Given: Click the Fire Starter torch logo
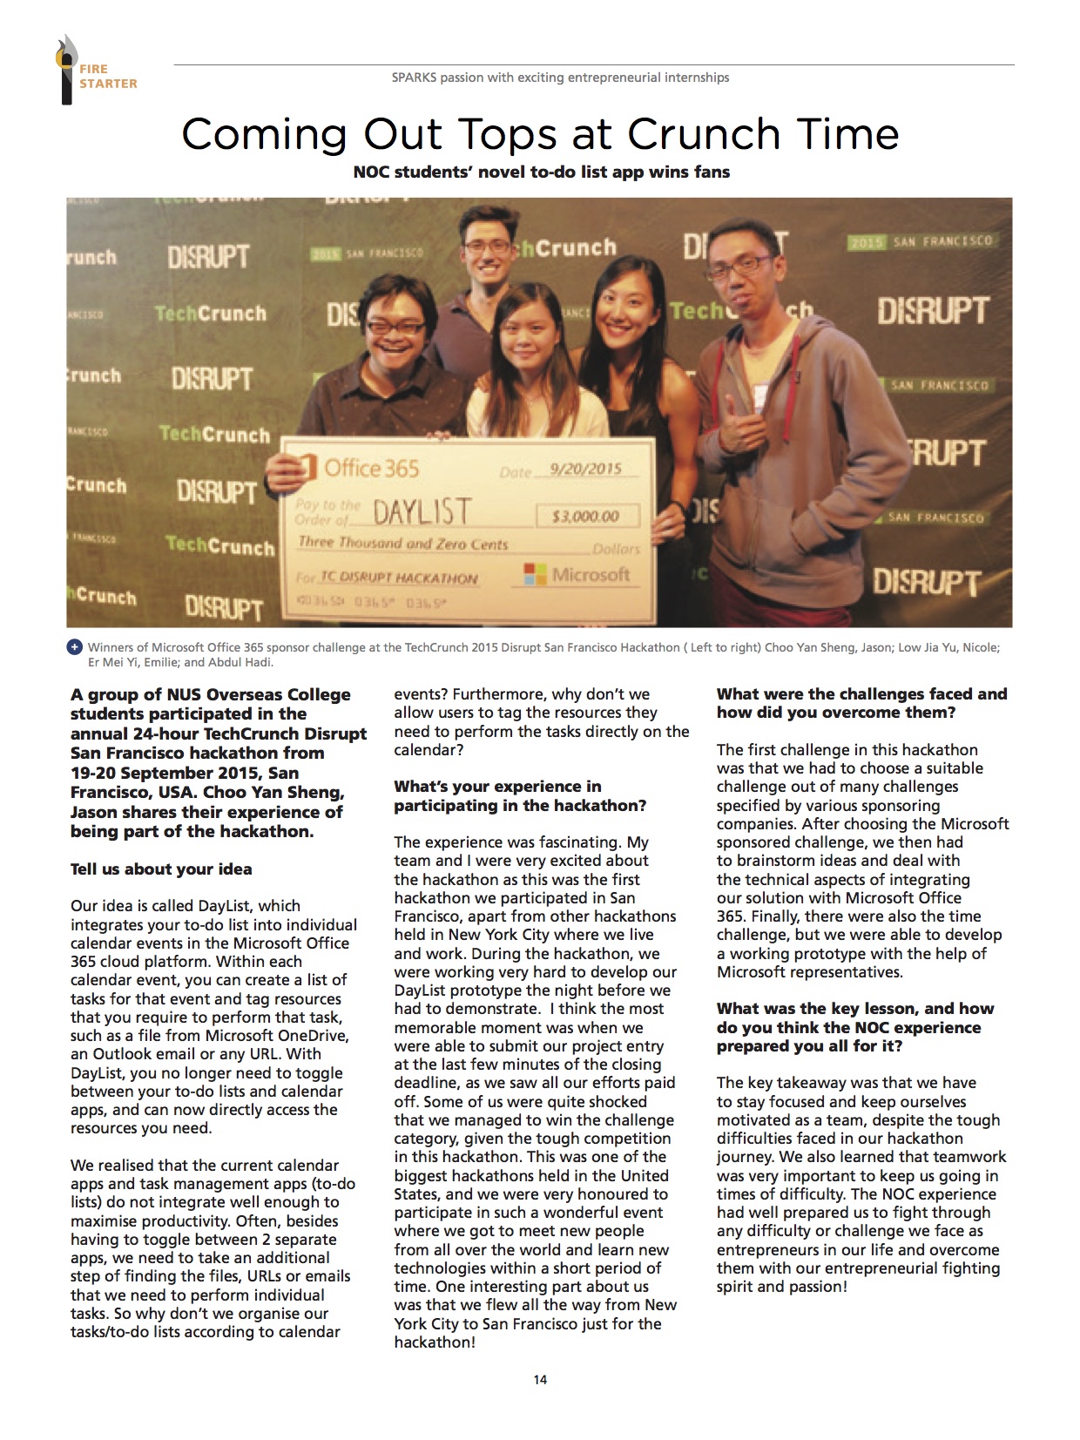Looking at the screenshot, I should [x=66, y=70].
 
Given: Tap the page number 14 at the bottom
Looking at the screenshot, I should [x=540, y=1379].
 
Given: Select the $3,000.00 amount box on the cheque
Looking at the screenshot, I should [x=586, y=516].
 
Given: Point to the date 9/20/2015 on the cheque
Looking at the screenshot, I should [x=585, y=469].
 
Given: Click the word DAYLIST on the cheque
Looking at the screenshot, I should [x=422, y=511].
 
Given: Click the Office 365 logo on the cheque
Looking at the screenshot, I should [x=359, y=469].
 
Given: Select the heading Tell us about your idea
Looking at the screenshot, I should [x=161, y=869].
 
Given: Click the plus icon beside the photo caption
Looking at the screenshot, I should [x=74, y=647].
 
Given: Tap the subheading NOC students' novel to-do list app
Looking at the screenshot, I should [x=541, y=172].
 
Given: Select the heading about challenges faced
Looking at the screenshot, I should [x=861, y=703].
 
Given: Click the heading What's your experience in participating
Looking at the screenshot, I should [x=520, y=796].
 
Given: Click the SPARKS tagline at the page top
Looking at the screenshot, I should [x=560, y=78].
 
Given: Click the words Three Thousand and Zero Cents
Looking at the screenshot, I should [x=402, y=543].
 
